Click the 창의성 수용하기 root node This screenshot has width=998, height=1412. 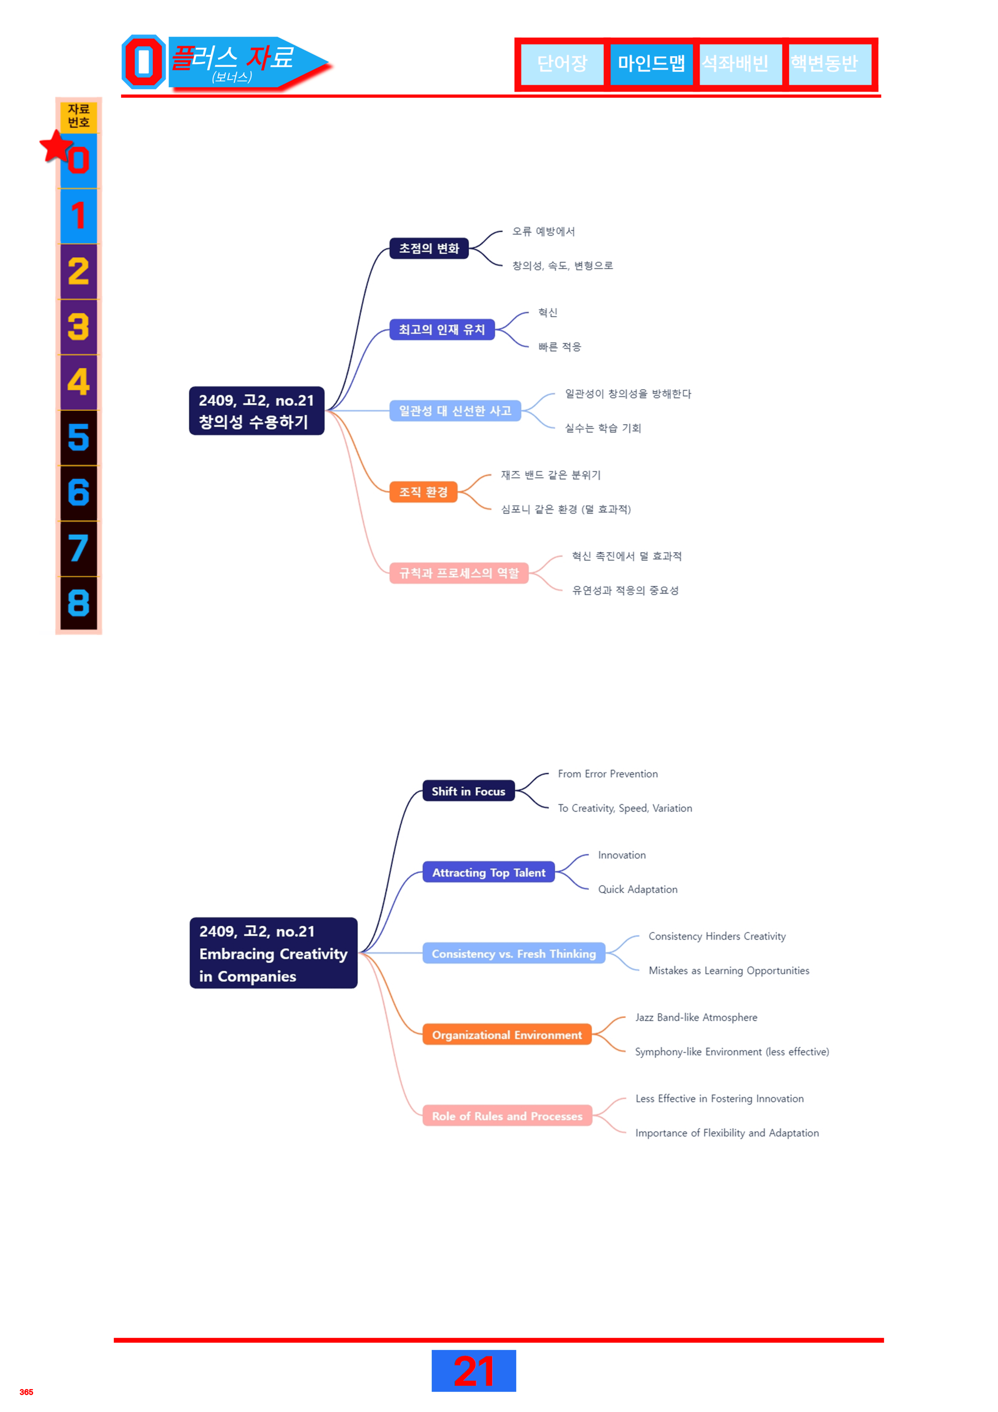pyautogui.click(x=257, y=411)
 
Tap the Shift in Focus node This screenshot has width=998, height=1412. pyautogui.click(x=469, y=792)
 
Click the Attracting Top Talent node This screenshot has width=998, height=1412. pyautogui.click(x=489, y=873)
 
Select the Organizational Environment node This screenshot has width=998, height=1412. pyautogui.click(x=507, y=1035)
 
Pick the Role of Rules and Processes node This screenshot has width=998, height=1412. pyautogui.click(x=507, y=1116)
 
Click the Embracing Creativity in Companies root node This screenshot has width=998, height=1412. pyautogui.click(x=274, y=953)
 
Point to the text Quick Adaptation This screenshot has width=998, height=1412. pyautogui.click(x=638, y=889)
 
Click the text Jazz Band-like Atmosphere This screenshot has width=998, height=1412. pyautogui.click(x=696, y=1017)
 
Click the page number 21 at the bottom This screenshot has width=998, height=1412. pyautogui.click(x=474, y=1371)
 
